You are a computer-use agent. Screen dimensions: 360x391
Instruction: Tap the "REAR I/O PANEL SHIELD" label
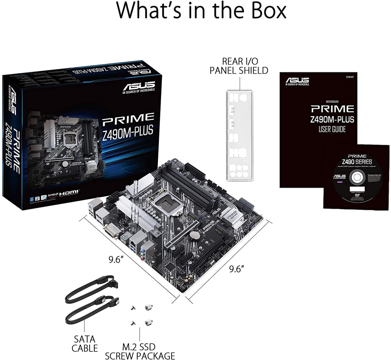[239, 66]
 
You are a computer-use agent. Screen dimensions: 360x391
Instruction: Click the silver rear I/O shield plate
[239, 135]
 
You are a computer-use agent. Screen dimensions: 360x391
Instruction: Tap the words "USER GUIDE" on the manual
[332, 129]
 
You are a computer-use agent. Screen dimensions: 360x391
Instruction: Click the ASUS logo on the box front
[139, 86]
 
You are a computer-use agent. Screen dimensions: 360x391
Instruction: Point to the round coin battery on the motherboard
[194, 236]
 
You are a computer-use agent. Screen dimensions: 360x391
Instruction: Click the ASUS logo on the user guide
[297, 81]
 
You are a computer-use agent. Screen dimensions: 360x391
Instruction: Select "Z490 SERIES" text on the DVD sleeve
[356, 162]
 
